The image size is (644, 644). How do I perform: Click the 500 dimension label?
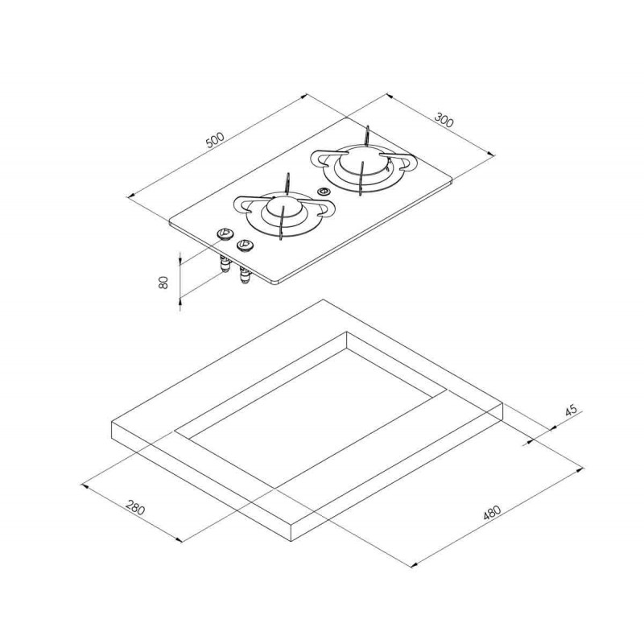215,140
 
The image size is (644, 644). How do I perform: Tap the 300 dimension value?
444,120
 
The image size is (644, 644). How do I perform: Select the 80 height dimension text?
163,283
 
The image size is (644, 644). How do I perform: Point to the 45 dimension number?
571,411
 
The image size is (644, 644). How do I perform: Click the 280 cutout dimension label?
135,507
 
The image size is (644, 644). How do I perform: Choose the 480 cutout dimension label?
492,513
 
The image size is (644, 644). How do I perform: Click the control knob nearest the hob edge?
225,234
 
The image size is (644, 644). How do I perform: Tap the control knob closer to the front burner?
244,246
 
